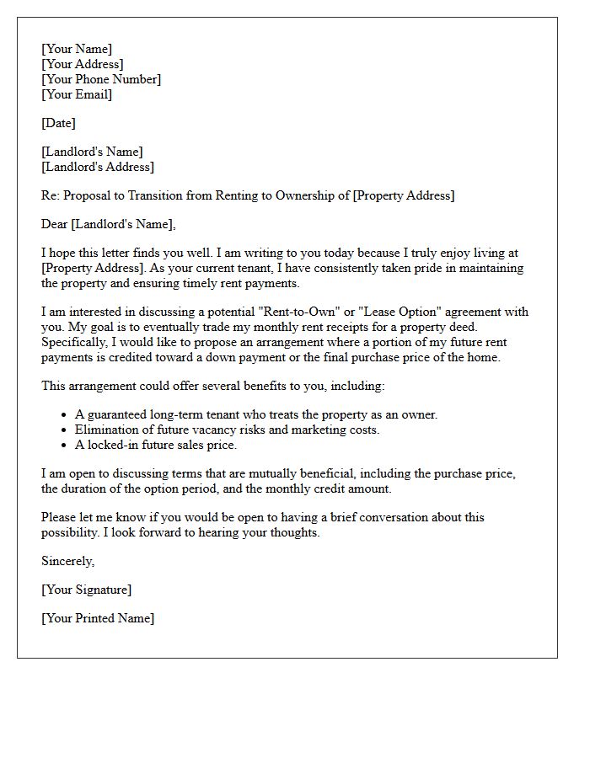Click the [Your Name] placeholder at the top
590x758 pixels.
point(77,50)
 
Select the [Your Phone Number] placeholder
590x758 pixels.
point(101,79)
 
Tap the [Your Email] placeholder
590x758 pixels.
point(77,94)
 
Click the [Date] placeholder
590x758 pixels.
point(58,123)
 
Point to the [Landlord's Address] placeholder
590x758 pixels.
point(98,167)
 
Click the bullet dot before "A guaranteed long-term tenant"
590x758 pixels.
point(65,415)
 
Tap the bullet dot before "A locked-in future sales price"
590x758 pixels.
point(65,446)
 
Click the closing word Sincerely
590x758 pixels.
point(68,561)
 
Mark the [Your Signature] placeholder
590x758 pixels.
point(87,590)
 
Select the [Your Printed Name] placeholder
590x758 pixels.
point(98,618)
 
